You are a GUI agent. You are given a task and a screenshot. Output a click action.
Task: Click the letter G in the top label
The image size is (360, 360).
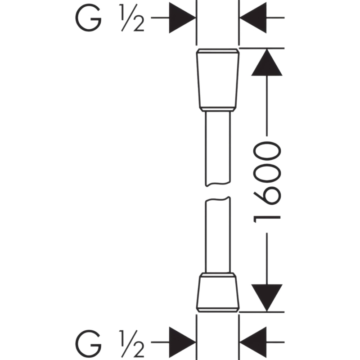88,18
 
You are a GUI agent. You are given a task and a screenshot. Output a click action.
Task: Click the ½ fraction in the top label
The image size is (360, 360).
131,18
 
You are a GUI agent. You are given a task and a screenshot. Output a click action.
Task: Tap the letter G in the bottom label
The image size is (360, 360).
88,344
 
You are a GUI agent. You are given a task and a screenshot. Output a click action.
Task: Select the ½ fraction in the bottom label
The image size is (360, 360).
131,344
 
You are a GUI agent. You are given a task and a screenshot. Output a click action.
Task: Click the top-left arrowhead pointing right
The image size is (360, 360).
182,18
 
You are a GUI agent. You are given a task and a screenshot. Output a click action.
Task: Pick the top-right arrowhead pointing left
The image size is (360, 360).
253,18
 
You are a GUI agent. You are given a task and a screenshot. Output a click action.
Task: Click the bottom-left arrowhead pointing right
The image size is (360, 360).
182,342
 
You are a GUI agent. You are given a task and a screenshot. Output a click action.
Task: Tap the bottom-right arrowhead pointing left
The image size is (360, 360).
253,342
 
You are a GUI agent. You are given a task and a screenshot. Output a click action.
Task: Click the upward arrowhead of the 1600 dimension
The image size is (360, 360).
267,62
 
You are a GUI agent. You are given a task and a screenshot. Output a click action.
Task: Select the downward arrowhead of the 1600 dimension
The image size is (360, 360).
267,298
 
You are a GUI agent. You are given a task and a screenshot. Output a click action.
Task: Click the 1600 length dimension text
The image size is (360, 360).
267,182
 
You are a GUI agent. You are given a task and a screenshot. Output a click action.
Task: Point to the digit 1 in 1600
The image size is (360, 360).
267,219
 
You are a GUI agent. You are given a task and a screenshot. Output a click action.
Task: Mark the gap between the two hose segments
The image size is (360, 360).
218,192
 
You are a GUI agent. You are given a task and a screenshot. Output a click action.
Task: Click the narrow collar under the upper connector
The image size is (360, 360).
218,109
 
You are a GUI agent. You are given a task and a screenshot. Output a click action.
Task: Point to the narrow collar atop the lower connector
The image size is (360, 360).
218,275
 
